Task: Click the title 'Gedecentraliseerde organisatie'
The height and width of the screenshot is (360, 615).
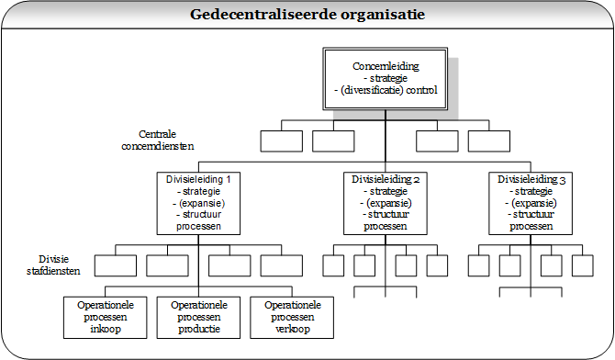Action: click(x=307, y=15)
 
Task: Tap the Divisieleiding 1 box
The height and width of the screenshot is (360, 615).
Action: click(x=198, y=201)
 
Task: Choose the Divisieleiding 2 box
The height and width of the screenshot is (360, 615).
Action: click(x=386, y=201)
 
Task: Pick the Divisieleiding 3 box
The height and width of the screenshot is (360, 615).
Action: click(x=531, y=201)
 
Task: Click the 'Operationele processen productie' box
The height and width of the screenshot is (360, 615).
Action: click(x=196, y=317)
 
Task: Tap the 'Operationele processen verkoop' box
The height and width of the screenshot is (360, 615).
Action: click(x=286, y=317)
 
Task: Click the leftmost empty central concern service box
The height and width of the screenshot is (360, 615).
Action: click(x=281, y=141)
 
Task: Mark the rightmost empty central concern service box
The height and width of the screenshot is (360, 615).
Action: click(x=488, y=141)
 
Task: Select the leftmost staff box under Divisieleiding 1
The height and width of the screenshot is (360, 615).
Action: click(x=116, y=265)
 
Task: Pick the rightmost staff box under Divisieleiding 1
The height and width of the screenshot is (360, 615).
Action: click(x=282, y=265)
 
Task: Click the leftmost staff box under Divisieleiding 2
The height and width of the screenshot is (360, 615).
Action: click(x=334, y=265)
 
